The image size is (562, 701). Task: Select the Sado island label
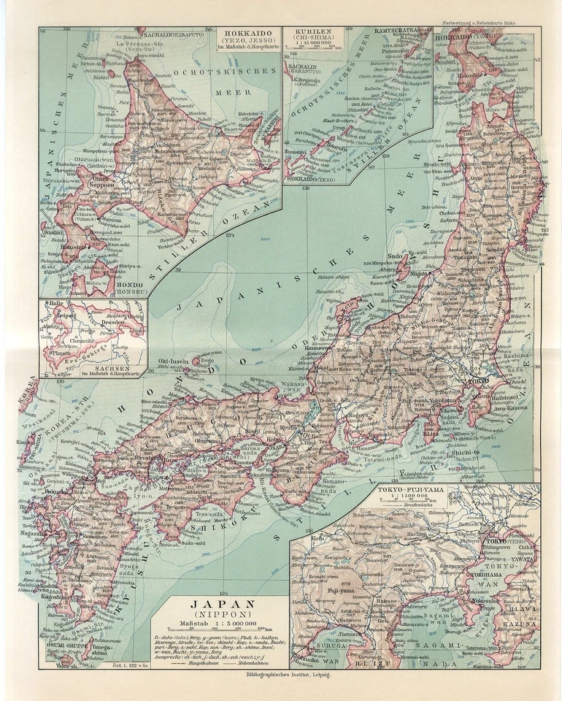(x=397, y=257)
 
